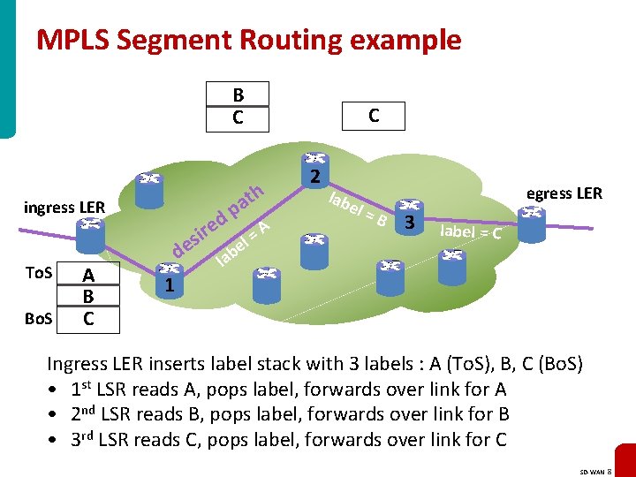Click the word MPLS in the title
[72, 40]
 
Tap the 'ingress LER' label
[64, 208]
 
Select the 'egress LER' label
[564, 193]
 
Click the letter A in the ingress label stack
[88, 276]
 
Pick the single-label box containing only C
[374, 115]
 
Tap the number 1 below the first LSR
[170, 286]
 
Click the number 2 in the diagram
[314, 177]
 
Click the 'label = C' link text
[471, 232]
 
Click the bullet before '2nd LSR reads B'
[54, 414]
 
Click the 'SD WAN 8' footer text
[603, 468]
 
